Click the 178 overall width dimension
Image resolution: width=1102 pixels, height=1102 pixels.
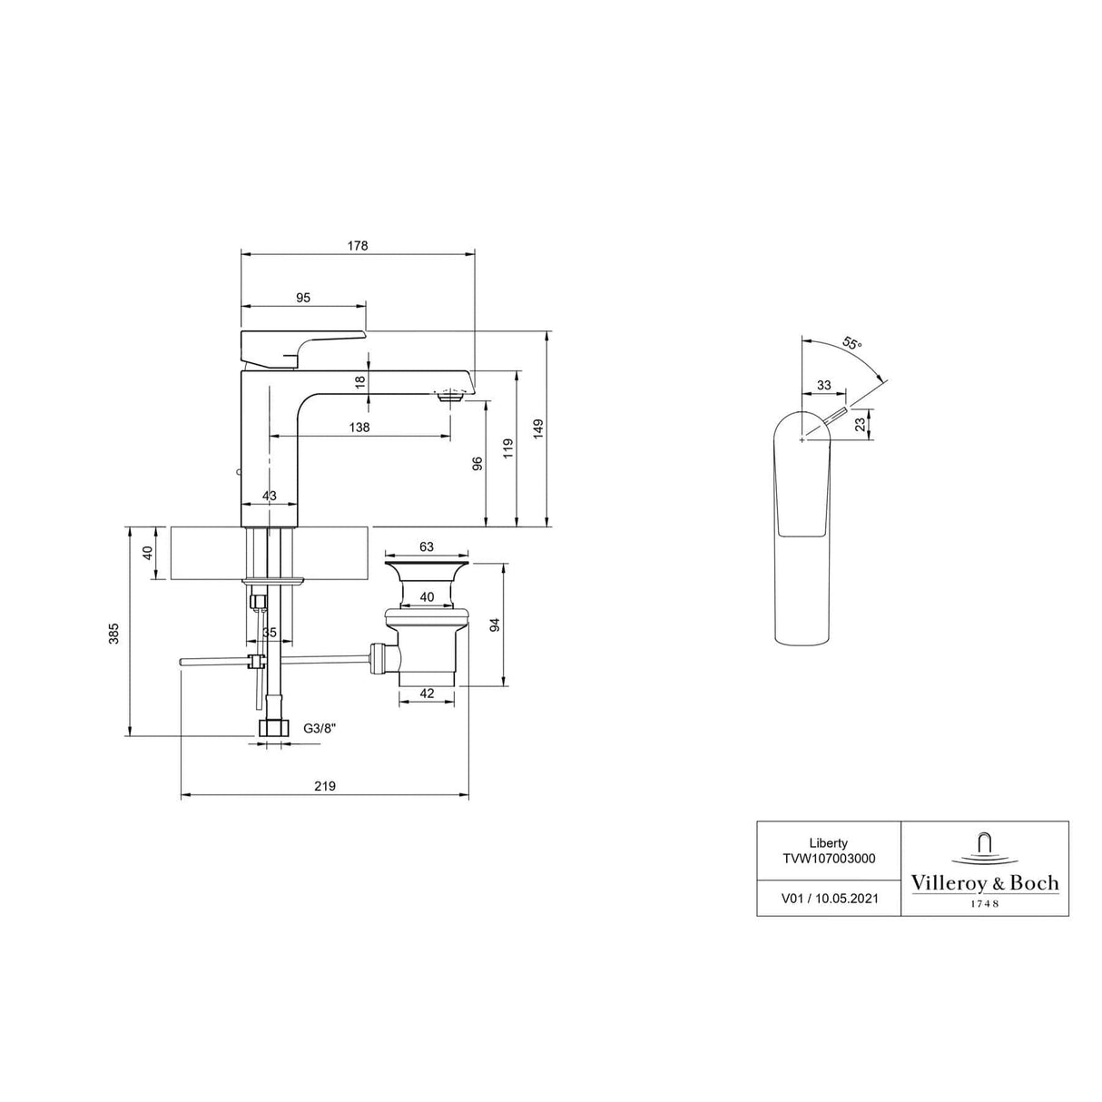(358, 246)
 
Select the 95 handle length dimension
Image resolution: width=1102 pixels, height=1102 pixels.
(303, 298)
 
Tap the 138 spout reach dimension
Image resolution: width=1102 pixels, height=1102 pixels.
(359, 427)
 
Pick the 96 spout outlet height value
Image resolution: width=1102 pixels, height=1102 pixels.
(477, 464)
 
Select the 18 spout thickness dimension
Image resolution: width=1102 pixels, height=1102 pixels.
(360, 382)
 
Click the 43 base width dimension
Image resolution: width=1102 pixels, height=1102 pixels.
(270, 496)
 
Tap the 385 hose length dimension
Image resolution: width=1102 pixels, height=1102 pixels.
(115, 634)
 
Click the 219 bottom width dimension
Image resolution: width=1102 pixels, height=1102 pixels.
(325, 786)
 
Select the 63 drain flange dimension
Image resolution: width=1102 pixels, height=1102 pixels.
(427, 547)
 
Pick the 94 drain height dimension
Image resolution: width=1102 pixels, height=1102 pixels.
(495, 625)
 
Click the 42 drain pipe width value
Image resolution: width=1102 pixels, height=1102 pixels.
(427, 694)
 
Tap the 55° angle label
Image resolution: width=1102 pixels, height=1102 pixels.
(851, 344)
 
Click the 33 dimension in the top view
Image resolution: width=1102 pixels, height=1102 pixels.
(823, 385)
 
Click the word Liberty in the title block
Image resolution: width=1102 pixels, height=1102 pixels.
(829, 843)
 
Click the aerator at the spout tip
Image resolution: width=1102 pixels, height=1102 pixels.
(450, 396)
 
